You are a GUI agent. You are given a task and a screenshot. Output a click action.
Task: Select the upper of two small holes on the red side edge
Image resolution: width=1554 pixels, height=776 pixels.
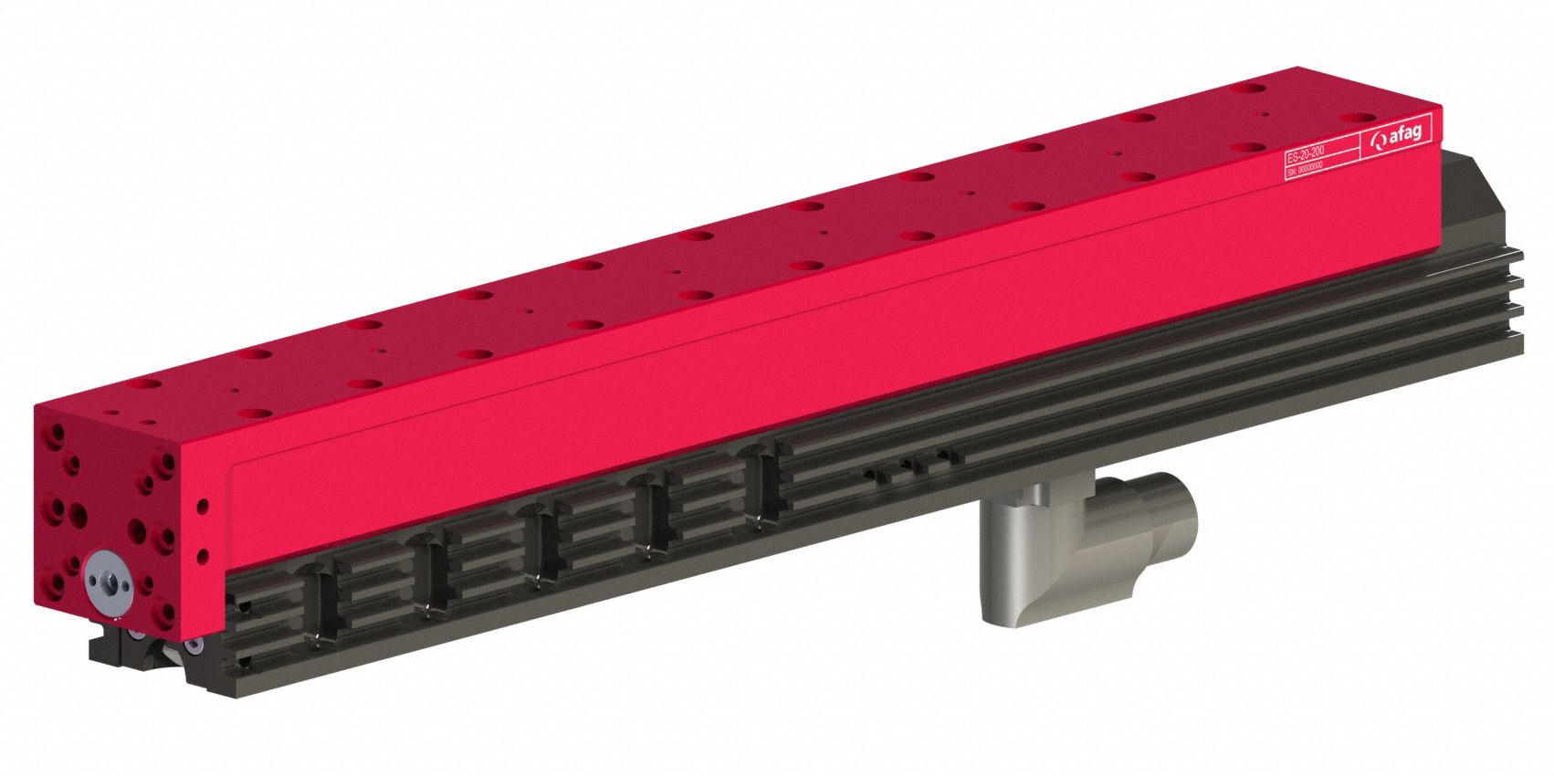[202, 504]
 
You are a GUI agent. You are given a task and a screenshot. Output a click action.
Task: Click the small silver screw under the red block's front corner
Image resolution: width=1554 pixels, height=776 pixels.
[194, 645]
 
